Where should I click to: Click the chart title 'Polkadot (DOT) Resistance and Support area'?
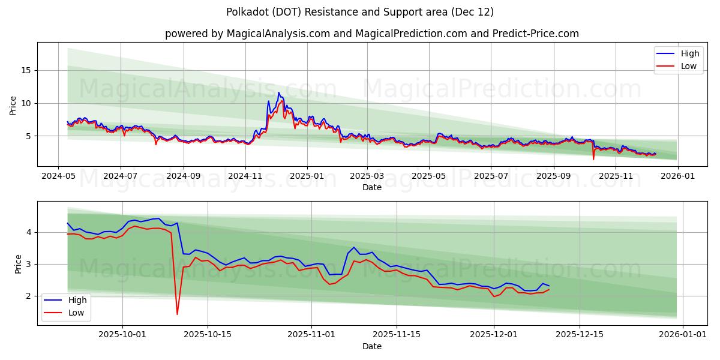point(360,12)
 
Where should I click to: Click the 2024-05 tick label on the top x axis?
point(58,176)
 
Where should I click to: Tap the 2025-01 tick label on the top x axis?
point(307,176)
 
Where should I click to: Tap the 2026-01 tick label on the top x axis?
point(677,176)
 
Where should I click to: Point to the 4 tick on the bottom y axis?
point(29,232)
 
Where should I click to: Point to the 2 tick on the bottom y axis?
point(29,296)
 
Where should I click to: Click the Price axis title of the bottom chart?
point(18,263)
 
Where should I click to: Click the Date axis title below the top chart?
point(372,187)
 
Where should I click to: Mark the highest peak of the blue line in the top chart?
point(278,92)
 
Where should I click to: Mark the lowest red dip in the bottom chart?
point(177,314)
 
